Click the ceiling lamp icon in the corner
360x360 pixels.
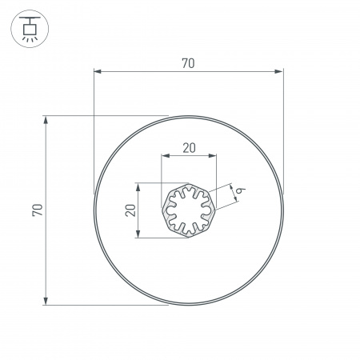tap(29, 29)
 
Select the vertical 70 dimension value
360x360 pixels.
tap(37, 210)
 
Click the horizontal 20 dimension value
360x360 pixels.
tap(189, 147)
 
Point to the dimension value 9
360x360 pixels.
tap(239, 190)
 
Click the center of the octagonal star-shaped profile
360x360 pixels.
tap(189, 210)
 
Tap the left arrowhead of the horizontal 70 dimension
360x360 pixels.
tap(98, 73)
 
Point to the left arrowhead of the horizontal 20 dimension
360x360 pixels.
tap(165, 156)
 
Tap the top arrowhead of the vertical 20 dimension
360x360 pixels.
tap(138, 187)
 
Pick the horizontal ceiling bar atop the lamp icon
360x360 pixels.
tap(29, 17)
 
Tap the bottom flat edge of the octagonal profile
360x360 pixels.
tap(189, 237)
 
